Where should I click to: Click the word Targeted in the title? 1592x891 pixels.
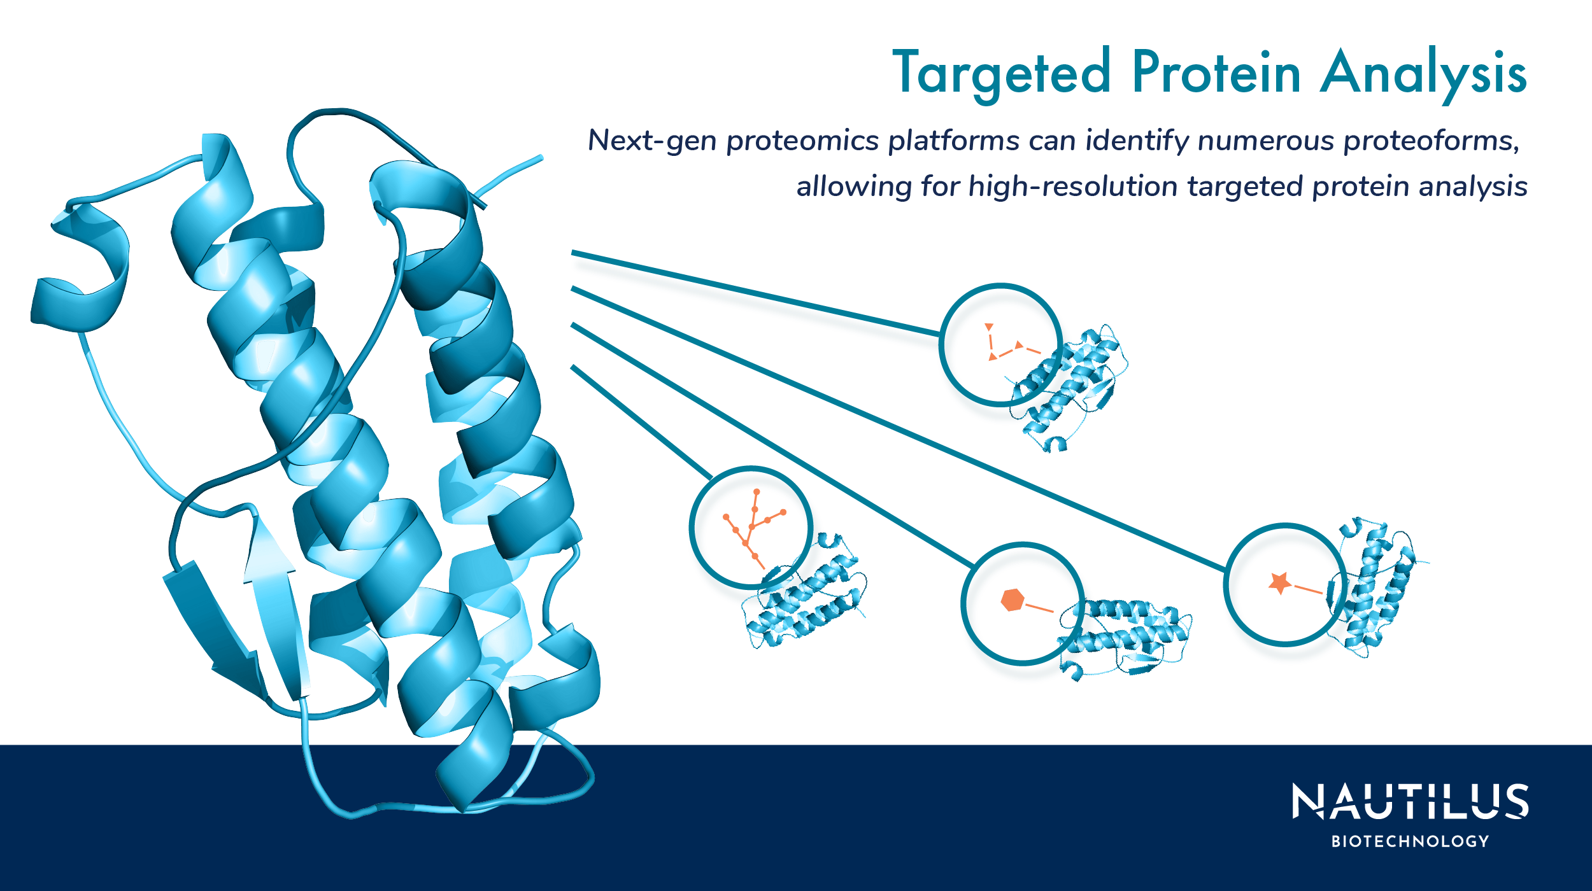[x=1002, y=74]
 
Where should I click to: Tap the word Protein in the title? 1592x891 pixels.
[x=1216, y=73]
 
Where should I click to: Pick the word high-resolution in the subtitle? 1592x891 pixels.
[x=1073, y=186]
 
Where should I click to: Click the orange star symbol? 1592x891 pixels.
[x=1279, y=582]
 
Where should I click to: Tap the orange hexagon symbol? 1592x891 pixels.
[x=1012, y=600]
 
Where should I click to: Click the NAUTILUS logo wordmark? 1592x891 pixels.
[x=1410, y=801]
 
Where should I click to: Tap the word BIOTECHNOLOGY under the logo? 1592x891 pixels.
[x=1410, y=841]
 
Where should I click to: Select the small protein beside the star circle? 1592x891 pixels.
[x=1375, y=586]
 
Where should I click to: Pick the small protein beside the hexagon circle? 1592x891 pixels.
[x=1124, y=636]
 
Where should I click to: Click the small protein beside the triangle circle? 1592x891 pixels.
[x=1070, y=388]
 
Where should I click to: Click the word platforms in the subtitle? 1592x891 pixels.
[x=954, y=141]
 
